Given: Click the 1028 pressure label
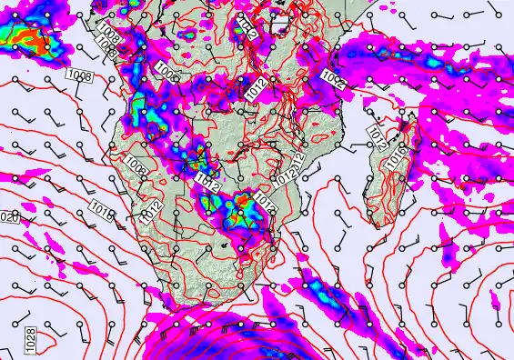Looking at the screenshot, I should point(30,343).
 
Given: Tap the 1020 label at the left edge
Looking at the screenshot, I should point(9,217).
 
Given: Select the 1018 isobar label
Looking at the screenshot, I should point(103,215).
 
